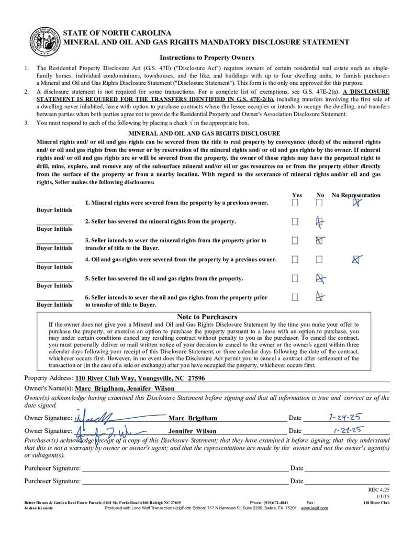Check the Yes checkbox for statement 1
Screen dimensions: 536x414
pos(295,203)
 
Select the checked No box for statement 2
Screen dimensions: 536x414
pos(320,222)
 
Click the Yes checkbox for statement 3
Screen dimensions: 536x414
pos(295,241)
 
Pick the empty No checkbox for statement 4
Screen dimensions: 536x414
pos(319,260)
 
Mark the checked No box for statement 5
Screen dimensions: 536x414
pos(320,278)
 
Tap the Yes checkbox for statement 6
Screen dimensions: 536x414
pos(295,297)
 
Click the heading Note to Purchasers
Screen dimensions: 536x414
pos(207,317)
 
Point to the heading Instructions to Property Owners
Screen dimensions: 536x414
pos(207,58)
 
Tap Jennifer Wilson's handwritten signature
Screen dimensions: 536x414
pos(102,431)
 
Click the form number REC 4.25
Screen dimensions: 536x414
pos(379,489)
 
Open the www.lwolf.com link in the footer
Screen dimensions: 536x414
pos(314,508)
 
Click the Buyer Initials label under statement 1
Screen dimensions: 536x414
pos(54,210)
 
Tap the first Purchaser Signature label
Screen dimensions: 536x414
pos(52,468)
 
